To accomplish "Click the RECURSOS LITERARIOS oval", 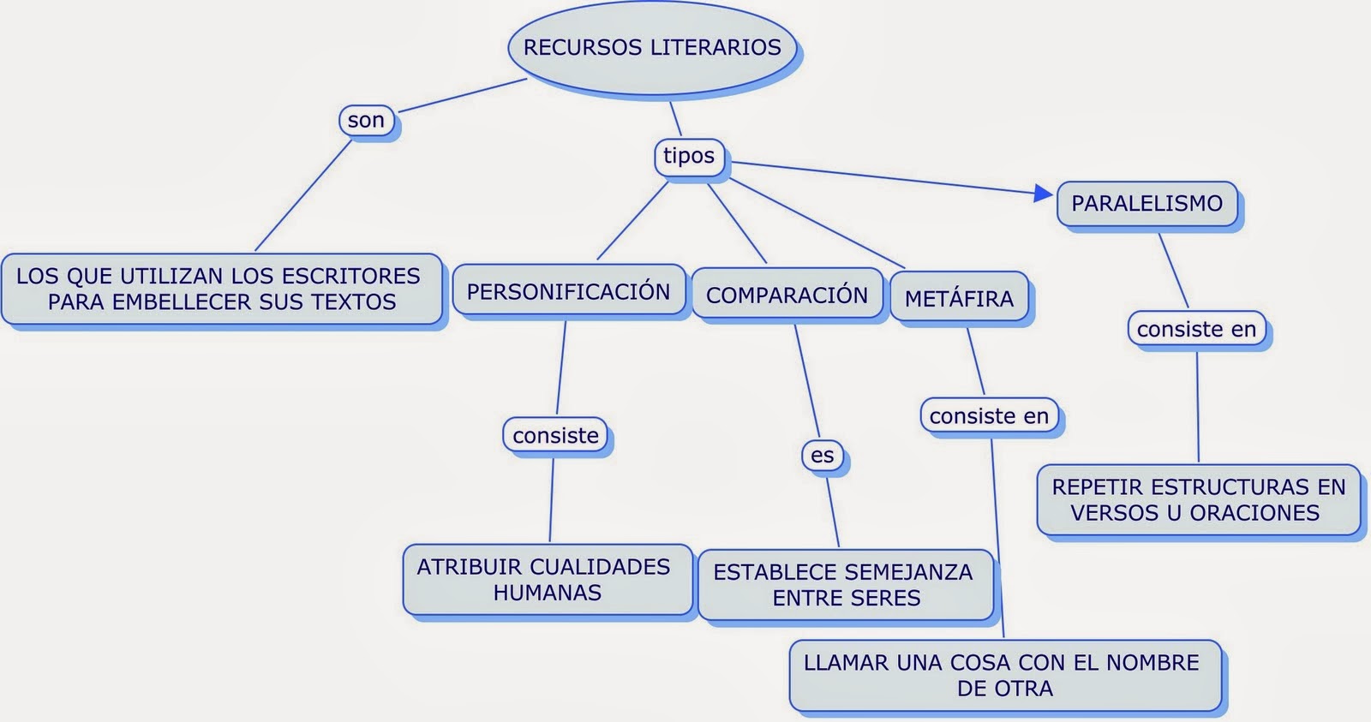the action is (652, 47).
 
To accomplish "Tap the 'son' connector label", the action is (367, 121).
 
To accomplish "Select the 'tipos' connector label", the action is (689, 156).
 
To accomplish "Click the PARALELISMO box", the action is (1146, 204).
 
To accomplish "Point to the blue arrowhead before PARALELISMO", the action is (1044, 194).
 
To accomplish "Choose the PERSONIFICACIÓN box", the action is (568, 292).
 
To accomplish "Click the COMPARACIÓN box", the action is (787, 295).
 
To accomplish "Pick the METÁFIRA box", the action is (959, 299).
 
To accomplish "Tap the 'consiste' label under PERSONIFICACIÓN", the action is (555, 436).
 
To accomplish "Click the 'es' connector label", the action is (823, 456).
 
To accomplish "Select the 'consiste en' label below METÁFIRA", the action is (989, 416).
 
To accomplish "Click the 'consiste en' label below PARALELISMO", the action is (1196, 330).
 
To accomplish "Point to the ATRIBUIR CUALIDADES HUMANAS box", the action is (546, 580).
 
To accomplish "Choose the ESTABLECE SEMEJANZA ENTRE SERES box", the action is (845, 585).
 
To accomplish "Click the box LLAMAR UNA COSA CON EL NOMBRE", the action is (1003, 675).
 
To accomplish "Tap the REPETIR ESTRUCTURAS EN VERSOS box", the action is (1198, 500).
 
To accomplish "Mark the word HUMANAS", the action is (548, 593).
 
